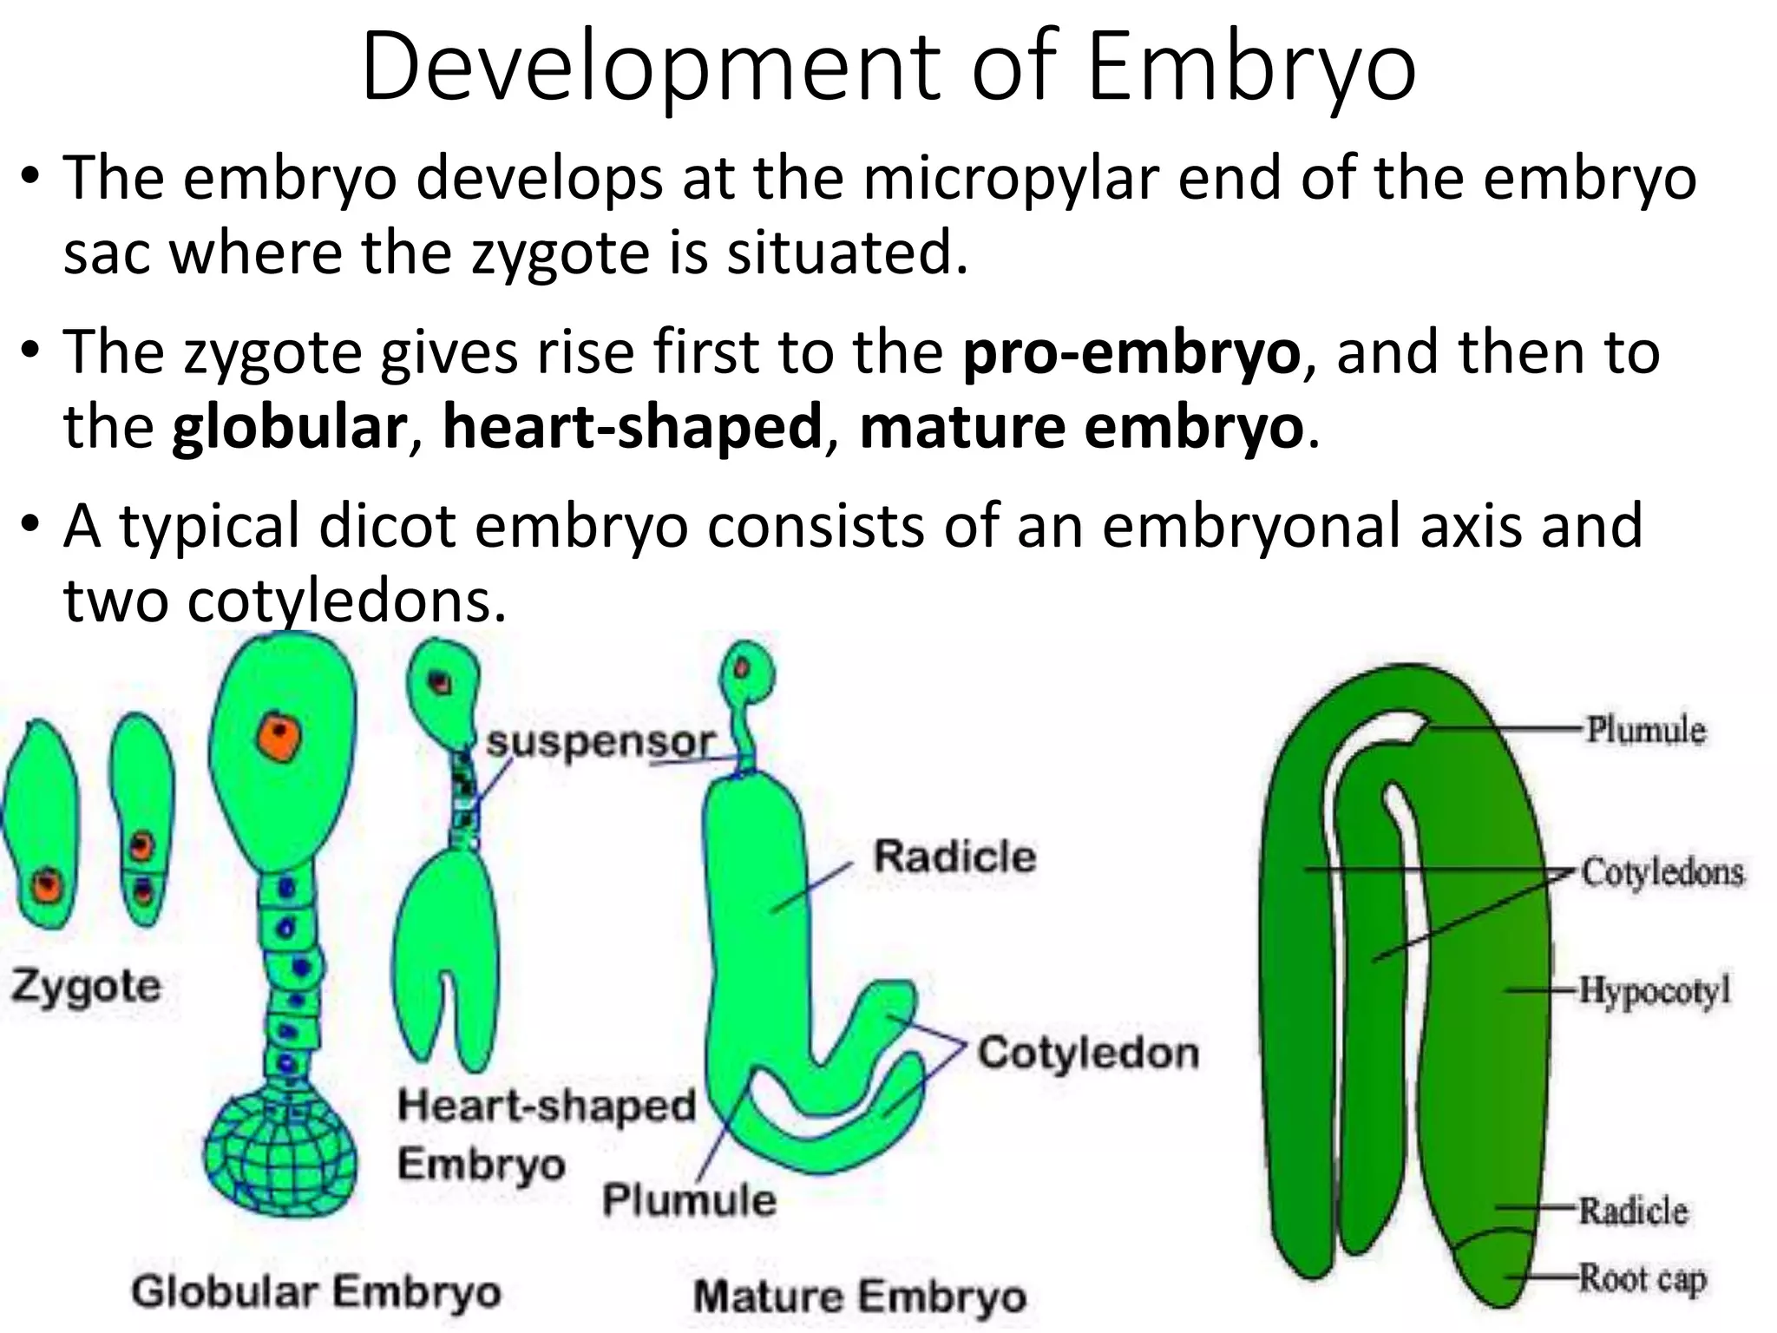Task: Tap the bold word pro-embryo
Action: coord(1131,353)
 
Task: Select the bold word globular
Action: coord(289,428)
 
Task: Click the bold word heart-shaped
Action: coord(632,428)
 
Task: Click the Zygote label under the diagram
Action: coord(86,987)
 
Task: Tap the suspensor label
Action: coord(600,742)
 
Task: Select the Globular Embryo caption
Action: coord(317,1291)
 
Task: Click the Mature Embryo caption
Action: coord(860,1297)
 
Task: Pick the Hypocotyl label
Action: coord(1654,989)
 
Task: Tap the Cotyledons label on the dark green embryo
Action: coord(1662,872)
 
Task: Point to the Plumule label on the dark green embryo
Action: coord(1645,730)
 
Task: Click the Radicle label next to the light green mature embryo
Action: coord(954,857)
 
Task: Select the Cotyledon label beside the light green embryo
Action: coord(1088,1053)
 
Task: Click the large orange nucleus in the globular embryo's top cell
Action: coord(279,739)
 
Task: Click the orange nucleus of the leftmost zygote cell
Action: coord(46,887)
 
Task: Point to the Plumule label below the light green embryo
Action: coord(689,1200)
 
